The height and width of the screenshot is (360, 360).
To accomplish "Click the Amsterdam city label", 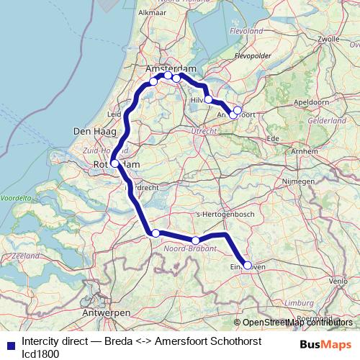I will tap(171, 68).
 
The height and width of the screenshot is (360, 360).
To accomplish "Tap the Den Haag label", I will tap(91, 132).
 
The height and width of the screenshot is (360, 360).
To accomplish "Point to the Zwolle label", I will tap(328, 38).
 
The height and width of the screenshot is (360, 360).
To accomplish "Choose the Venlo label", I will tap(336, 280).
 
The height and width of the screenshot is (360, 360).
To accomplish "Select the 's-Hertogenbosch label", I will tap(220, 215).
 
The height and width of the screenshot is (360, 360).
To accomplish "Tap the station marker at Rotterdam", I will tap(115, 163).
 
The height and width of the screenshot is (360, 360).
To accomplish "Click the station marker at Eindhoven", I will tap(248, 266).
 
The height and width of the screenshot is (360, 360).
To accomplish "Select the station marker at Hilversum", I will tap(208, 99).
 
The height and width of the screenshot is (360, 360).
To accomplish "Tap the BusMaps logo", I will tap(326, 344).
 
